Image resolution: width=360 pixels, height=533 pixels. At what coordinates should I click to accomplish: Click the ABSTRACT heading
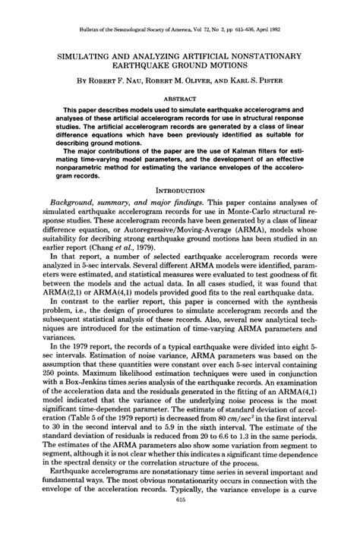[x=180, y=98]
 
